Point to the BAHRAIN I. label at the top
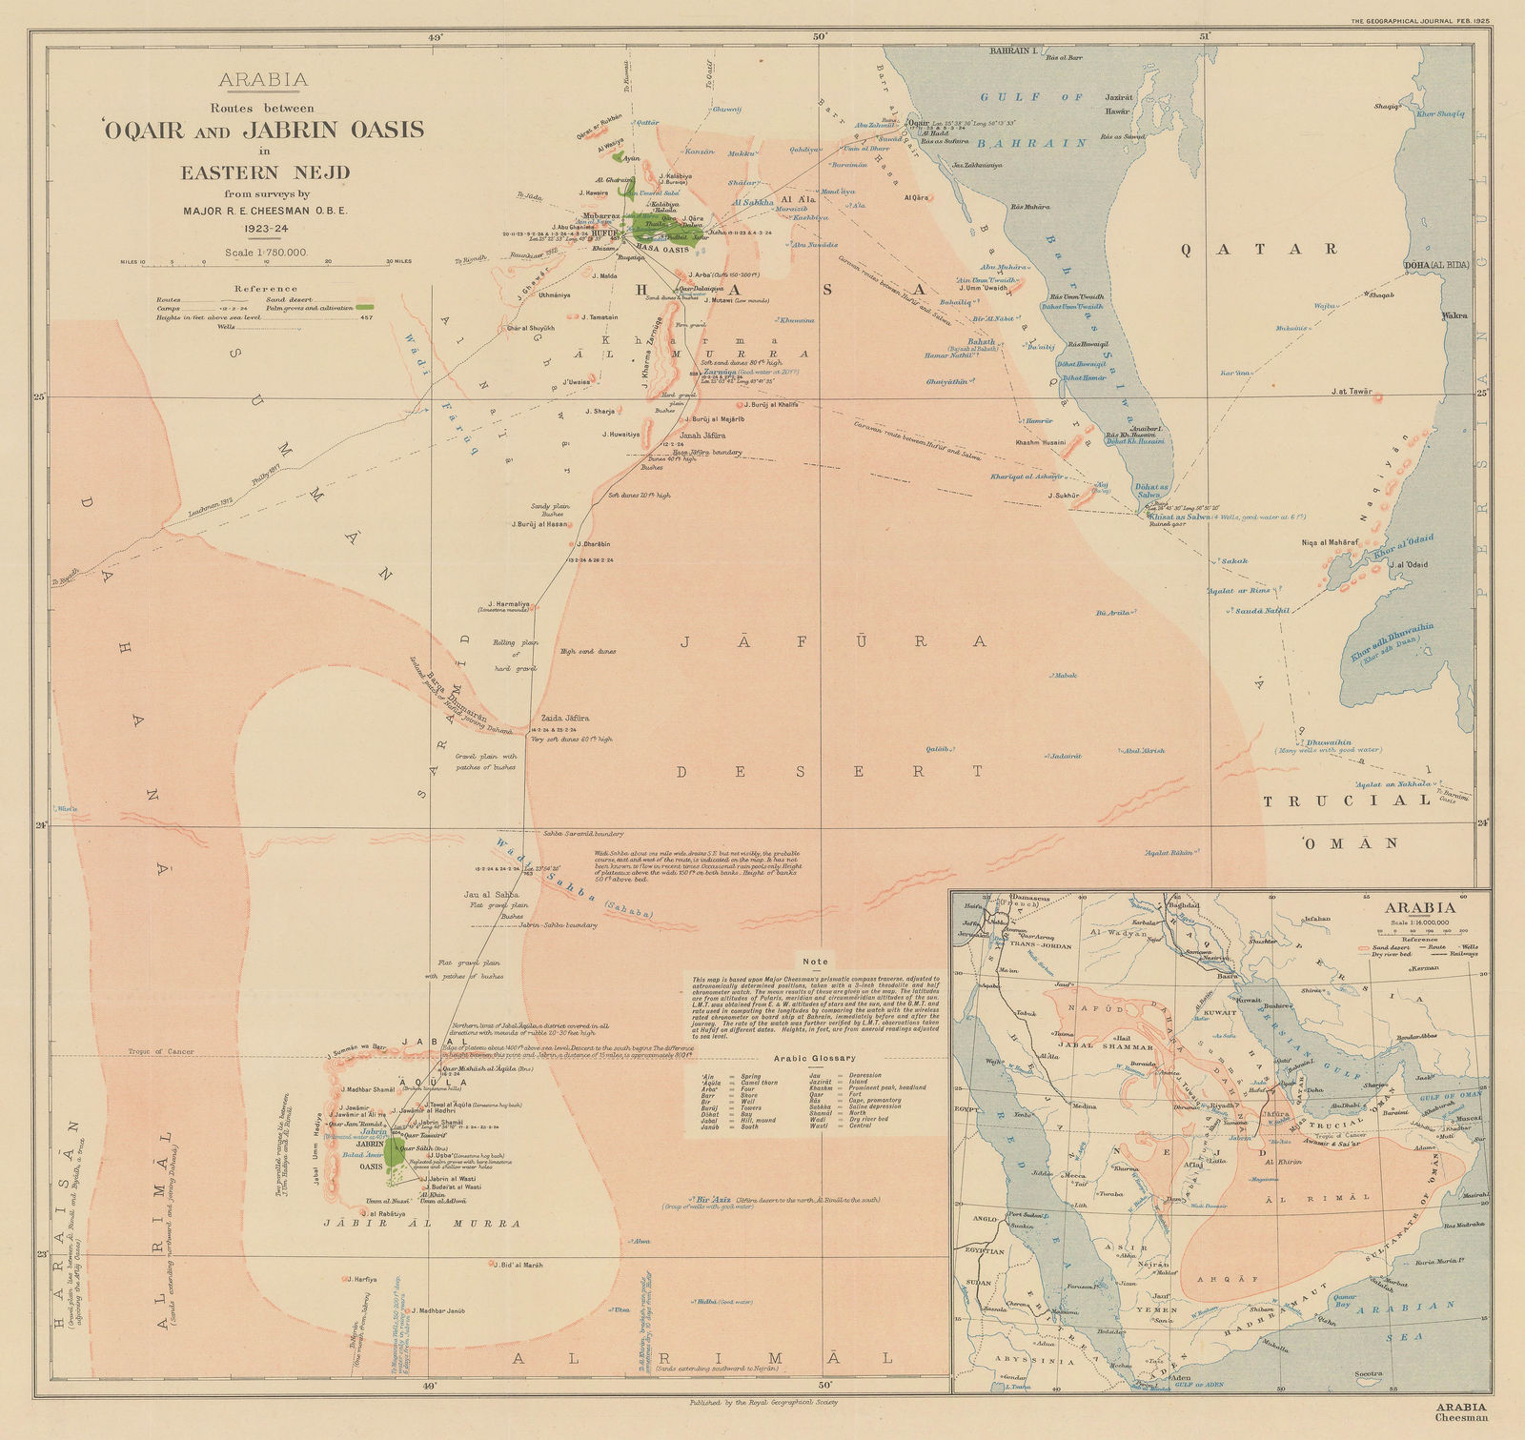pos(1015,50)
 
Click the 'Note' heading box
pos(817,962)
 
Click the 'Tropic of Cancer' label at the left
pos(162,1052)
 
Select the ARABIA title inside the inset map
pos(1421,907)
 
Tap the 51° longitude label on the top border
pos(1204,35)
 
